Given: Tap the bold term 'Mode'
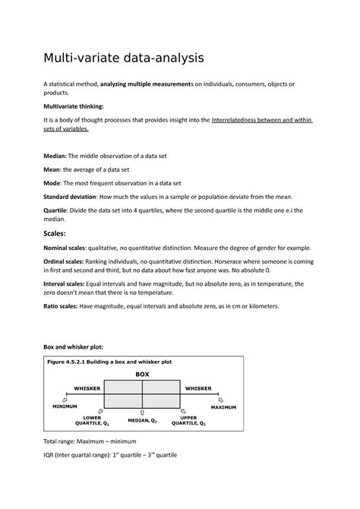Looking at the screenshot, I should (x=56, y=183).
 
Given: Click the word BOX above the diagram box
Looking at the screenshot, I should (x=143, y=375).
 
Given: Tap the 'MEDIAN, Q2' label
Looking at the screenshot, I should (x=142, y=419).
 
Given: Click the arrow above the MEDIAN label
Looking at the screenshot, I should (x=143, y=412).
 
